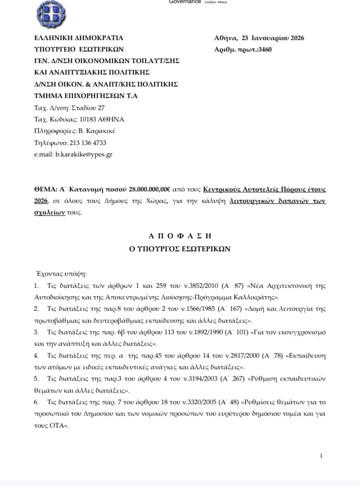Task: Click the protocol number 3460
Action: (x=264, y=49)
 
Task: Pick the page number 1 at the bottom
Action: (x=321, y=456)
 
